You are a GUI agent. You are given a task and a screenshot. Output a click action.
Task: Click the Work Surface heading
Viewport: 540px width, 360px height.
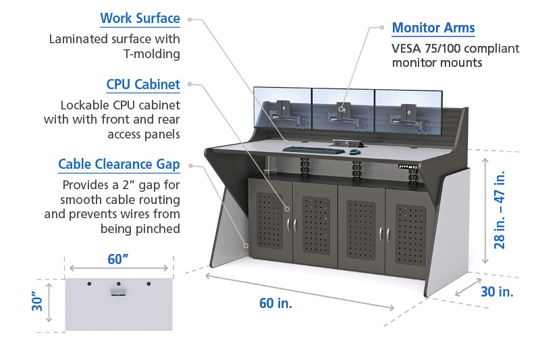(140, 18)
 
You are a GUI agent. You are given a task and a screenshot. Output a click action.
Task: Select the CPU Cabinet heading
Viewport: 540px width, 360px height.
(143, 84)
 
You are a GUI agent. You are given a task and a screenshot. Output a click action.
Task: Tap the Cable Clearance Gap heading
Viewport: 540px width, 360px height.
(119, 164)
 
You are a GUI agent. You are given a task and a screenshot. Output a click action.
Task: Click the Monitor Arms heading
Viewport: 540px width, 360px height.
(433, 28)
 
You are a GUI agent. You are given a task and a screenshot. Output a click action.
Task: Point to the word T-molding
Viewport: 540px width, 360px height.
(151, 54)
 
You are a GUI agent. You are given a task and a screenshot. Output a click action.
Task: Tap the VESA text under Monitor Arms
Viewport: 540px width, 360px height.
(406, 49)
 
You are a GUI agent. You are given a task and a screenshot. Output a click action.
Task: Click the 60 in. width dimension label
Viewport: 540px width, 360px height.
(275, 303)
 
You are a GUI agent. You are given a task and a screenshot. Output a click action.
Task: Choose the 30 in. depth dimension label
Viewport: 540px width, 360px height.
(497, 292)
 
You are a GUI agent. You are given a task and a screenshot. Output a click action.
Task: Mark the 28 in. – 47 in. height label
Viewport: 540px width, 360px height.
(500, 209)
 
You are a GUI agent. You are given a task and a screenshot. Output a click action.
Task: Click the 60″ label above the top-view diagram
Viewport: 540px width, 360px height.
(117, 259)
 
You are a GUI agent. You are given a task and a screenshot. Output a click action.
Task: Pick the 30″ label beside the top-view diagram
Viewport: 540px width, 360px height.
(37, 301)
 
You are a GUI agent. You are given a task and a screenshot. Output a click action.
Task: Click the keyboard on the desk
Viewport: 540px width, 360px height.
(314, 150)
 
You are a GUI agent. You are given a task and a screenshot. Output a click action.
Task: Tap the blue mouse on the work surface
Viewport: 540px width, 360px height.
(355, 151)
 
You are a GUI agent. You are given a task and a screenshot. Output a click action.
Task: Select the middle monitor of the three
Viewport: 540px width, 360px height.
(344, 110)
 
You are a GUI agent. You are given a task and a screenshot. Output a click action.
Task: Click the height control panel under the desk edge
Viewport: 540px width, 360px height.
(408, 167)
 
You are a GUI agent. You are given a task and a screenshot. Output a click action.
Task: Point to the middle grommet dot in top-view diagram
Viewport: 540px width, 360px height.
(119, 284)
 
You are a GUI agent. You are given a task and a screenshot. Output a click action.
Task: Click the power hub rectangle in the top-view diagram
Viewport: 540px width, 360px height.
(119, 293)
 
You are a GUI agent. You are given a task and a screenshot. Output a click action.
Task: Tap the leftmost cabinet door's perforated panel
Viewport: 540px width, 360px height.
(269, 220)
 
